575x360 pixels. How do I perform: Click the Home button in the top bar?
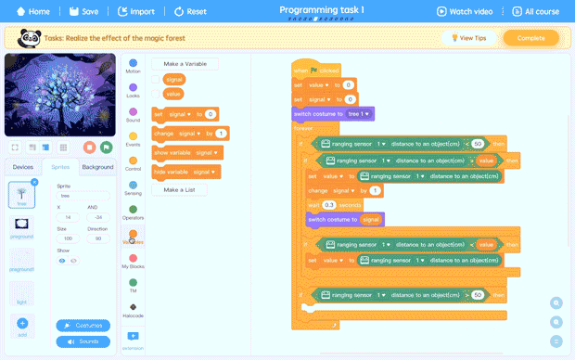click(x=32, y=12)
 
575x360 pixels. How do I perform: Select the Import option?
click(x=136, y=12)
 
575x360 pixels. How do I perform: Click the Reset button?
click(x=189, y=12)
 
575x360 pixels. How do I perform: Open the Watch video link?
click(x=465, y=12)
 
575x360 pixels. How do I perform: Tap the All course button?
click(x=536, y=12)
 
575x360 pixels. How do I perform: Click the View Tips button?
click(x=466, y=38)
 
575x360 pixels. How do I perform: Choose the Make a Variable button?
click(x=185, y=64)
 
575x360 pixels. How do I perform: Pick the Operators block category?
click(x=134, y=212)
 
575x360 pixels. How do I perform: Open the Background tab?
click(x=97, y=167)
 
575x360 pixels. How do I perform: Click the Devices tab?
click(x=22, y=167)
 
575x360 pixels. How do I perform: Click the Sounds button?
click(x=89, y=341)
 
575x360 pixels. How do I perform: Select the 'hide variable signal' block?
click(x=185, y=172)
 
